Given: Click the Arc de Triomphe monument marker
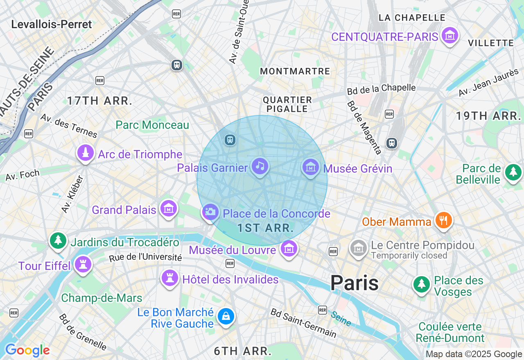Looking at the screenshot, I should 86,153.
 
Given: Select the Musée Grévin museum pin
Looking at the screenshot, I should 311,167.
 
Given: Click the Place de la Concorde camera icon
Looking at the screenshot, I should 210,212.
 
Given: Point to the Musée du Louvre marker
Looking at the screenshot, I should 289,248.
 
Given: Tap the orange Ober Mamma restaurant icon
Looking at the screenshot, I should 443,220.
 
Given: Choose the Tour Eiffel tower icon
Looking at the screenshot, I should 83,265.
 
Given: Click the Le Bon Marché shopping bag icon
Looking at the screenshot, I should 226,316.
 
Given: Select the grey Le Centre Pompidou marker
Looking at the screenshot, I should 359,248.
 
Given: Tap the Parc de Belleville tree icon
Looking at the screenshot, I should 513,172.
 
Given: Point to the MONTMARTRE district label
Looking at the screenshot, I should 295,71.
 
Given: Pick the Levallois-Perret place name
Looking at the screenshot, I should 52,24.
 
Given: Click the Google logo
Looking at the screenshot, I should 27,350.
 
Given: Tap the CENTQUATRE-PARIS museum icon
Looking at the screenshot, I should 449,36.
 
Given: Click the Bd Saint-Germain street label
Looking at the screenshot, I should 303,323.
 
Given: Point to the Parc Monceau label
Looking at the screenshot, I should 152,125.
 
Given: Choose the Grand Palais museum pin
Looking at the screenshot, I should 169,209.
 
